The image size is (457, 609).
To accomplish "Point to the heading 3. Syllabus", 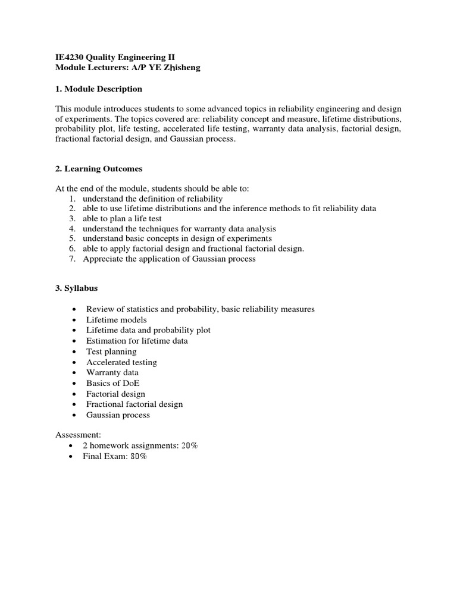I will [77, 288].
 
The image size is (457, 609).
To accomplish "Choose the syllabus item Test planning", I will [111, 351].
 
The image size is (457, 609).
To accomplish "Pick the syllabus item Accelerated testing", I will [121, 362].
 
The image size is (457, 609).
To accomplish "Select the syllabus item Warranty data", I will [112, 372].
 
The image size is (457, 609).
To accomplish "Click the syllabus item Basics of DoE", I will [113, 383].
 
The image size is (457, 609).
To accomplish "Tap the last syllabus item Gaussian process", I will [118, 415].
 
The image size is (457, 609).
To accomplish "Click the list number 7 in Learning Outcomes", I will [71, 259].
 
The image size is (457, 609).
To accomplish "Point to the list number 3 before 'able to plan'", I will [71, 218].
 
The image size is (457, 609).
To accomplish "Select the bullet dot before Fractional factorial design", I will [73, 404].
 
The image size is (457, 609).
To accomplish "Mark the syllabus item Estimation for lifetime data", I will [137, 341].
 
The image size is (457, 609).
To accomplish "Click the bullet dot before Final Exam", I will [73, 457].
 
